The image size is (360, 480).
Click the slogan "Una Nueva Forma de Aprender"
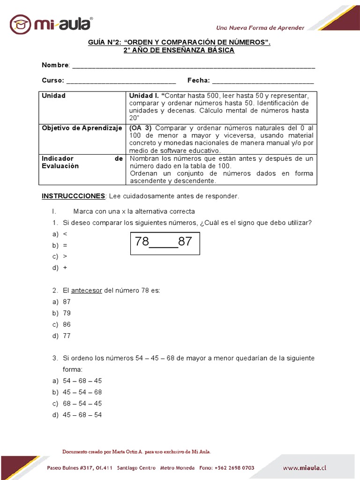click(x=260, y=28)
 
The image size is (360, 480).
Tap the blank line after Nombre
click(x=193, y=66)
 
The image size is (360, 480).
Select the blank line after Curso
click(x=121, y=81)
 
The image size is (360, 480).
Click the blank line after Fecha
click(x=263, y=81)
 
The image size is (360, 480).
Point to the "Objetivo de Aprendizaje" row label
click(x=82, y=128)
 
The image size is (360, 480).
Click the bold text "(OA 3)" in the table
click(x=141, y=128)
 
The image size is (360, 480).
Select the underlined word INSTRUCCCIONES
click(x=74, y=196)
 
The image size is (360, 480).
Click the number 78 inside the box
click(x=142, y=242)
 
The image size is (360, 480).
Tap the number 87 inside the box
click(x=185, y=242)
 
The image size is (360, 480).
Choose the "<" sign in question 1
click(x=65, y=234)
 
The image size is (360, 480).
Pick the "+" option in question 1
click(x=65, y=268)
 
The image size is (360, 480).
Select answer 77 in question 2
click(x=67, y=336)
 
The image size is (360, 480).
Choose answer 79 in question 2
click(x=67, y=313)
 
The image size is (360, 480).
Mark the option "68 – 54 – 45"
click(x=82, y=404)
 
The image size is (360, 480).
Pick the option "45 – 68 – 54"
click(x=82, y=415)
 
